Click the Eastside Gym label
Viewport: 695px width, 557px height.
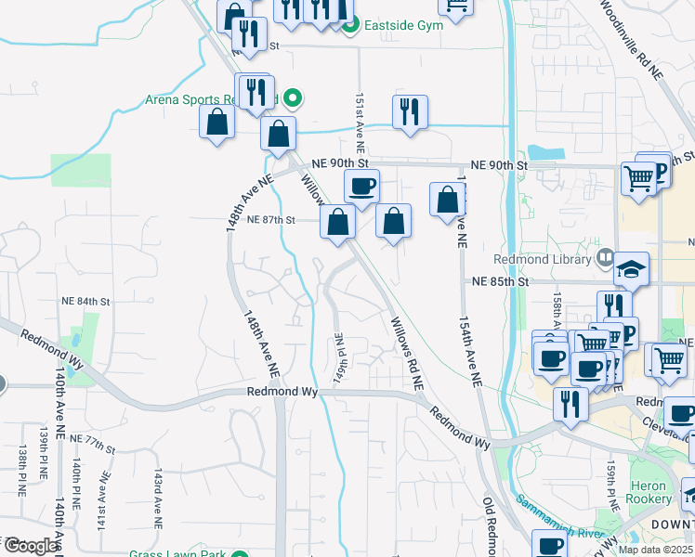pos(403,26)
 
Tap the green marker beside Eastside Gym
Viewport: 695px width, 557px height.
pos(350,26)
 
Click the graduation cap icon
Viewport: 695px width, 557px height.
pos(632,269)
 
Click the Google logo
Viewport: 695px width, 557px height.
pos(31,546)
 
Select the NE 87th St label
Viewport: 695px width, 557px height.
pos(272,220)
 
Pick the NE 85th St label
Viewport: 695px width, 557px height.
pos(499,281)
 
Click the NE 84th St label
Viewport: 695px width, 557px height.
pos(85,302)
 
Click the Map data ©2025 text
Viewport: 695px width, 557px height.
pos(655,550)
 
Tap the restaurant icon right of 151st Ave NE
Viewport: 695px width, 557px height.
pos(410,112)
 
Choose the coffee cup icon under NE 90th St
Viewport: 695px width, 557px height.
pos(361,186)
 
